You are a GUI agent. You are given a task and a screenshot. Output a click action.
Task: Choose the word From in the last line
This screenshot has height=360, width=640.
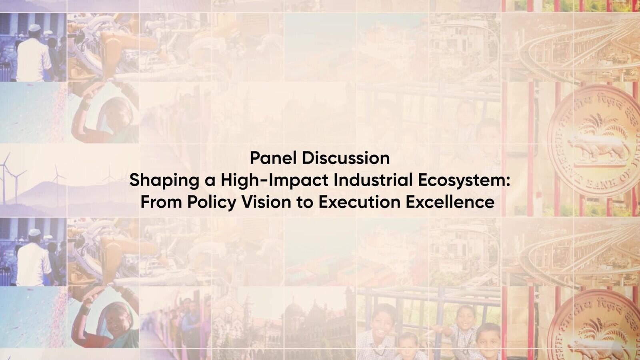[161, 202]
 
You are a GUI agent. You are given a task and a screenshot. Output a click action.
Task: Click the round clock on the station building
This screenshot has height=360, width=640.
[228, 309]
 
